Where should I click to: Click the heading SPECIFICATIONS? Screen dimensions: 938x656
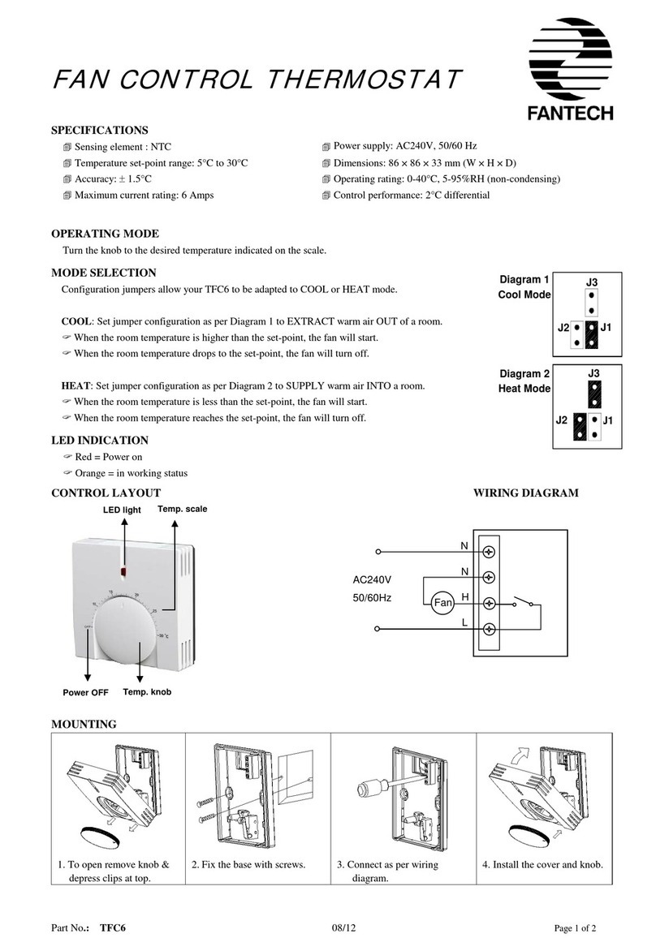[100, 130]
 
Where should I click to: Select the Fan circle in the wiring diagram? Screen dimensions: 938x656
[442, 603]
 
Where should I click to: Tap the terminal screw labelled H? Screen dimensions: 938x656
[489, 603]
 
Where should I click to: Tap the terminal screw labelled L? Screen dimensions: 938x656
[489, 629]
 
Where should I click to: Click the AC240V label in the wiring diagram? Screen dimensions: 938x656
[372, 581]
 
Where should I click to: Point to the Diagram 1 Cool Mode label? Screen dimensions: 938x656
[524, 287]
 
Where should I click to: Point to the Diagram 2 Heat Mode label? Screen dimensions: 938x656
[524, 381]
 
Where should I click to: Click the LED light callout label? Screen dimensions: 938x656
[122, 510]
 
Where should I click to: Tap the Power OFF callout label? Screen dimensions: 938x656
[86, 693]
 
